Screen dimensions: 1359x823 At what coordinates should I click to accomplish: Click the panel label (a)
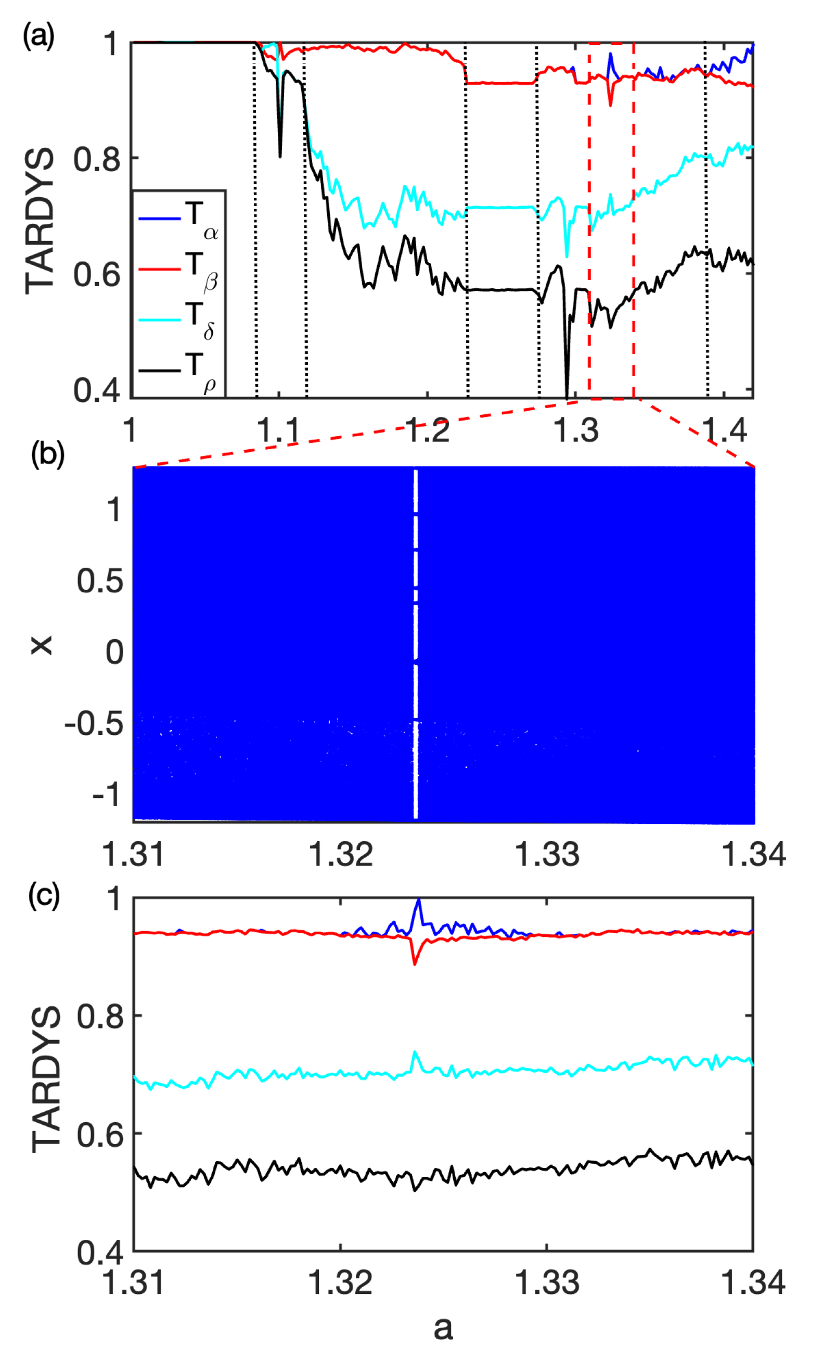(38, 37)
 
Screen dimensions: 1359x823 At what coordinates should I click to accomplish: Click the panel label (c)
(44, 895)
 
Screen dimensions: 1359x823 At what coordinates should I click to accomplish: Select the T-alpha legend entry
(177, 219)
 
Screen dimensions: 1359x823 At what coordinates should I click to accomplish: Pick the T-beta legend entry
(177, 269)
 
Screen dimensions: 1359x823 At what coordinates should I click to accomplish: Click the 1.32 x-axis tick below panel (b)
(341, 854)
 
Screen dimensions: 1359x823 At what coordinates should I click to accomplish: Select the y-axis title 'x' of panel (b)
(41, 645)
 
